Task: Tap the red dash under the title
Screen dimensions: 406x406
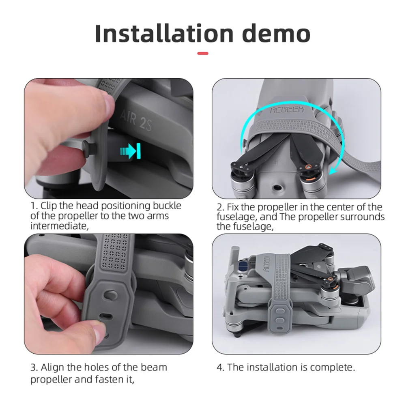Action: (203, 54)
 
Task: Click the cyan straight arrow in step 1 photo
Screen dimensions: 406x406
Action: (131, 151)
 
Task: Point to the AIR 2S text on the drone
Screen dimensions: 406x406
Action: (136, 120)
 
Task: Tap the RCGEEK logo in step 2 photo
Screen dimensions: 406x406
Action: (287, 110)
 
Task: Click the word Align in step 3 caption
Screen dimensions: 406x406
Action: (52, 367)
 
